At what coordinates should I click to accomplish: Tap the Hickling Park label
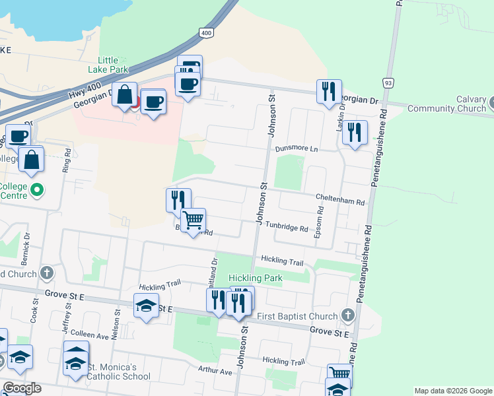[256, 278]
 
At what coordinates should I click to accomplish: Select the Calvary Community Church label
[447, 104]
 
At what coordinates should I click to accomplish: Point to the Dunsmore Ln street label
[297, 148]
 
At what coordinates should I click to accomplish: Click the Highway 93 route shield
[388, 82]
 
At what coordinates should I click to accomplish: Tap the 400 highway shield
[207, 32]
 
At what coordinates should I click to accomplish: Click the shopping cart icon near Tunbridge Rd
[194, 220]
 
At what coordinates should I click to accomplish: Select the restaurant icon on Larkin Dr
[355, 133]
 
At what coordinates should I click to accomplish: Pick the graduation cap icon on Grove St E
[146, 306]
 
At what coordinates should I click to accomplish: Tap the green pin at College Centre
[37, 191]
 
